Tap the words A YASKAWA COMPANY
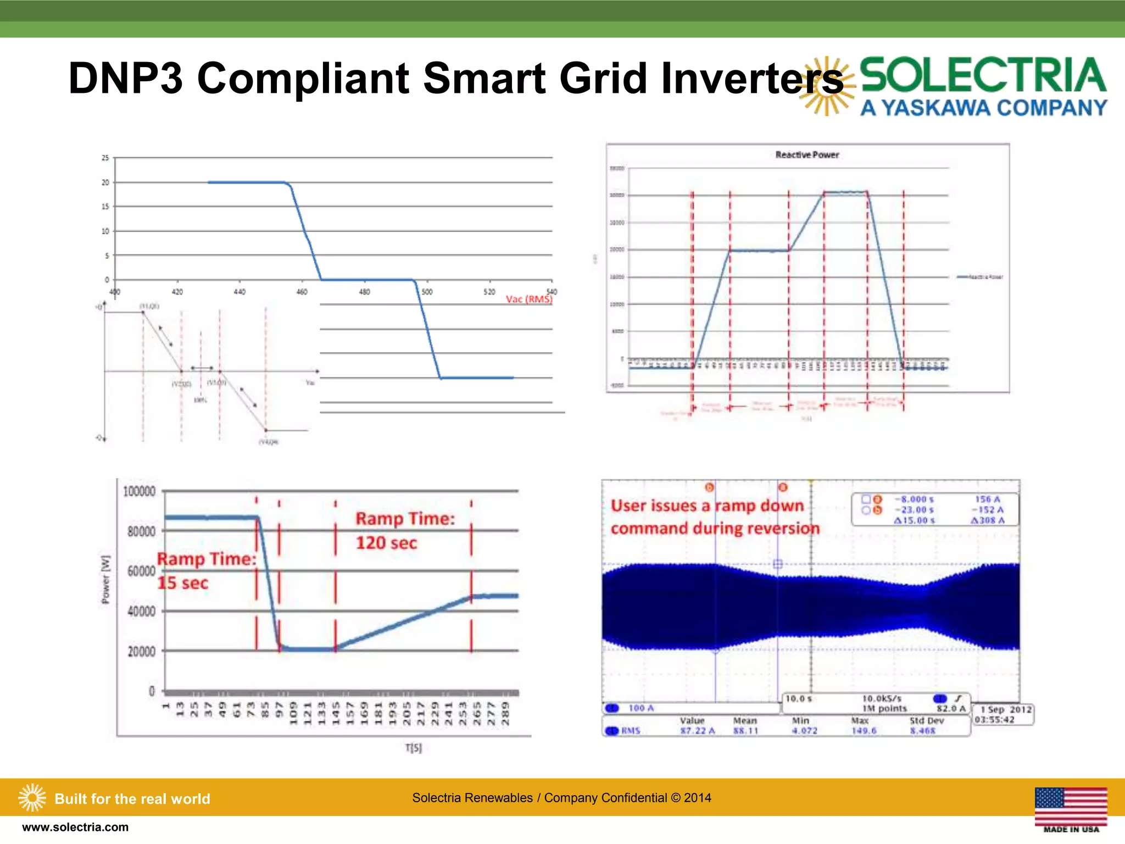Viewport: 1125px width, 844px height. [983, 108]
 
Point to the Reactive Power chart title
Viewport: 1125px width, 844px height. [807, 155]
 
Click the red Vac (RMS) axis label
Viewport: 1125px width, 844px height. [528, 299]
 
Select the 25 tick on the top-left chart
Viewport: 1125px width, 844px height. [105, 158]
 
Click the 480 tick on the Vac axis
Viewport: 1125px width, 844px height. [364, 292]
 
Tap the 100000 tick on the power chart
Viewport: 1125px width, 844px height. [139, 491]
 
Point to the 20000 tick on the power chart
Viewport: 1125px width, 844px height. [141, 652]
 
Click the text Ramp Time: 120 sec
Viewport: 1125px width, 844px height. [405, 530]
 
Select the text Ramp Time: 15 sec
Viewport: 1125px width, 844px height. [206, 570]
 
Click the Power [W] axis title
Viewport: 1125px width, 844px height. [105, 580]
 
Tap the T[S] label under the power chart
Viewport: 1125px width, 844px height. [413, 748]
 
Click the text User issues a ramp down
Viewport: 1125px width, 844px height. [707, 506]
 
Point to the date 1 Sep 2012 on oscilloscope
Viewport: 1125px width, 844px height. [1006, 709]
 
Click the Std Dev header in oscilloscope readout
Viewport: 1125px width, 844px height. [926, 720]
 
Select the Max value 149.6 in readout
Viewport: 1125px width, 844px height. [864, 731]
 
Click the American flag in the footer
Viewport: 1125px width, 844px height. [1071, 806]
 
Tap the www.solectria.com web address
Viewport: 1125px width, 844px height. [75, 828]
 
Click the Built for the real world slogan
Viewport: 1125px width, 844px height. [132, 799]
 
